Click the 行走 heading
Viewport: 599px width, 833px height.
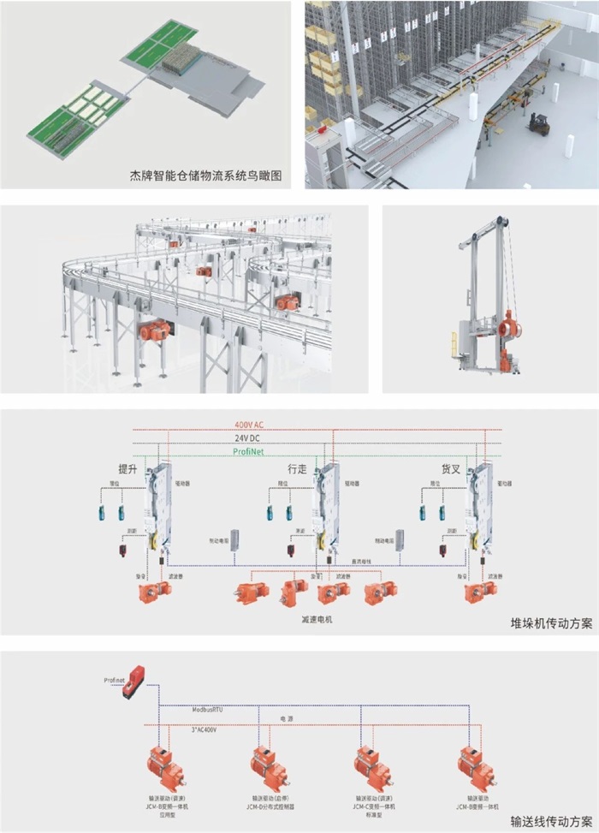[x=297, y=469]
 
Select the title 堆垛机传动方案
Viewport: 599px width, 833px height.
[x=551, y=622]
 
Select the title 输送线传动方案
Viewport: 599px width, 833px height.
[x=551, y=819]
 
